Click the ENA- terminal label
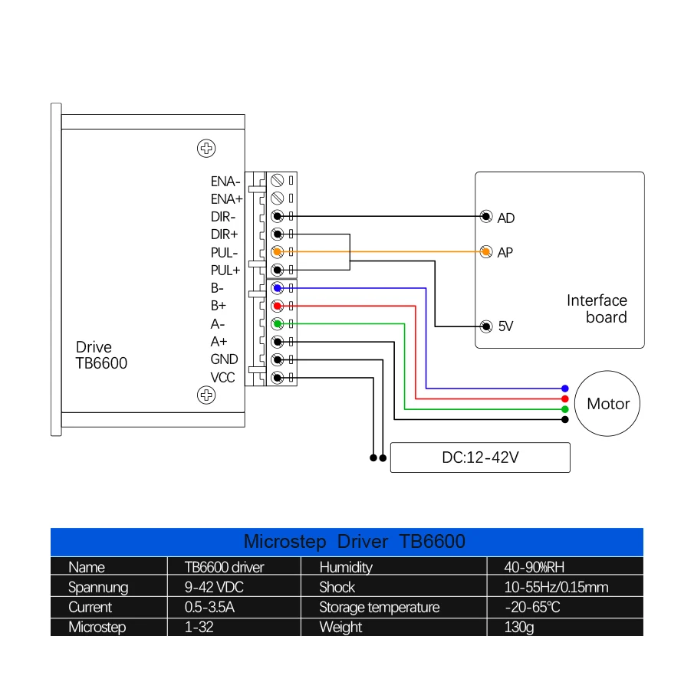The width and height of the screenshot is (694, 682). (x=225, y=182)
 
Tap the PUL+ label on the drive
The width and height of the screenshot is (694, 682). (x=225, y=271)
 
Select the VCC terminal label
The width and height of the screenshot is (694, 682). (x=223, y=377)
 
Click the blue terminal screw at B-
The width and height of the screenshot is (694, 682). (x=278, y=288)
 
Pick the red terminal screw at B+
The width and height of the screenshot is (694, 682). (x=278, y=306)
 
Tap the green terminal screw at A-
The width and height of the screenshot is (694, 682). (x=278, y=323)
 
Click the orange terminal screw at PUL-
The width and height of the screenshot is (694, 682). (x=278, y=252)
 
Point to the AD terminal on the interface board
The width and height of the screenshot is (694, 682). (x=485, y=217)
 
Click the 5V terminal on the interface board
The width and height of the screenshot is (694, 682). (x=485, y=326)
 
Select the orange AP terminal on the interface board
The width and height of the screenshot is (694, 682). (x=485, y=251)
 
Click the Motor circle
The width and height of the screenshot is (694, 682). (x=608, y=404)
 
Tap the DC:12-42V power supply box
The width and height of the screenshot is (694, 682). (x=480, y=457)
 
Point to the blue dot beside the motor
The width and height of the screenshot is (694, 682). (x=565, y=389)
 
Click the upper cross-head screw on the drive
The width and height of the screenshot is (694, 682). (x=206, y=148)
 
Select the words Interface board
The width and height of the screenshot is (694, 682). (x=597, y=309)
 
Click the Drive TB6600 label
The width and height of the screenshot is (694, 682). (x=101, y=356)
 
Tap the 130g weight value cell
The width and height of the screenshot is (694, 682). (x=519, y=628)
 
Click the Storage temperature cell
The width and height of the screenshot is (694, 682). (x=380, y=608)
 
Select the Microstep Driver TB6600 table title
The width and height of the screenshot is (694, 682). (x=354, y=542)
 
